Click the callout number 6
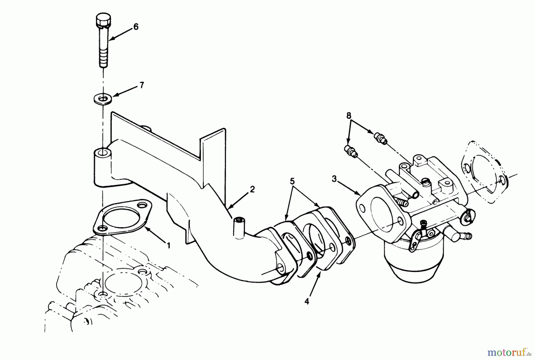(x=136, y=27)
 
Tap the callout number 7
(x=141, y=86)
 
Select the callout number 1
(x=169, y=246)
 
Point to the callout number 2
(x=252, y=189)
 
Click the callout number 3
(x=334, y=179)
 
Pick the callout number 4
(x=307, y=301)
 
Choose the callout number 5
(x=292, y=181)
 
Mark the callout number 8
(x=349, y=115)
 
